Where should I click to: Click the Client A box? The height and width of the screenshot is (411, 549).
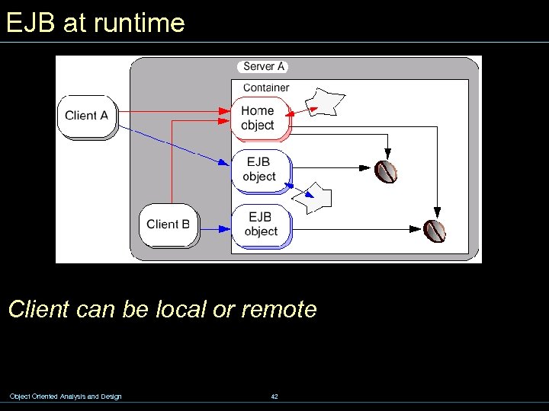pos(86,116)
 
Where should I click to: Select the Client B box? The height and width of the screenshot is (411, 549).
pos(168,224)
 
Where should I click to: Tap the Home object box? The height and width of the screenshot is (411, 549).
pos(258,118)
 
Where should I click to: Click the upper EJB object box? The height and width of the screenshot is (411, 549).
pos(259,169)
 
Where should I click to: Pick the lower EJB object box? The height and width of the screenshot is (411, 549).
pos(261,225)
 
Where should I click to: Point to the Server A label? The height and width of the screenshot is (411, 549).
pos(263,67)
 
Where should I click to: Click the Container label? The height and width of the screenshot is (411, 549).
pos(266,88)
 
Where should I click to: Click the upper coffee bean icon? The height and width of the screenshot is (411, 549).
pos(387,171)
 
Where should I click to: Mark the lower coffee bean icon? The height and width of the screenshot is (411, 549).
pos(435,230)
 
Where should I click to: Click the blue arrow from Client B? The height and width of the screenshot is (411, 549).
pos(215,228)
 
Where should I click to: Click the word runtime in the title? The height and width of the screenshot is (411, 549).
pos(139,23)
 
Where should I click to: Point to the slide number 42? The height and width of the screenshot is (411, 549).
pos(274,396)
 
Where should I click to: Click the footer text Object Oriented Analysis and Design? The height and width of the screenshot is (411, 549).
pos(65,396)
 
